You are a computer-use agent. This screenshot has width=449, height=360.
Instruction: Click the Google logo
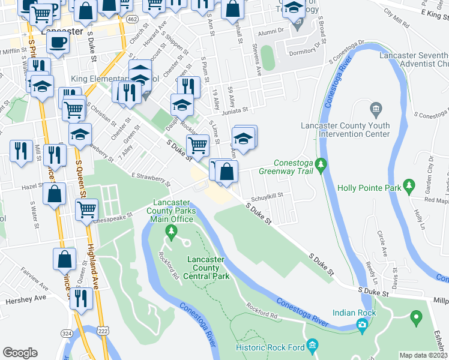click(20, 352)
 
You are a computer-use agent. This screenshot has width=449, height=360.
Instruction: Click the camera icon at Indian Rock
click(361, 325)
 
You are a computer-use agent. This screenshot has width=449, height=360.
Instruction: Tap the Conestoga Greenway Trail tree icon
click(321, 163)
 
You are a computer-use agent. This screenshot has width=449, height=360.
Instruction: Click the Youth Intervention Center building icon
click(376, 109)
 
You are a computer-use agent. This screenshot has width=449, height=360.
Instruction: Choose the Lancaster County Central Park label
click(208, 268)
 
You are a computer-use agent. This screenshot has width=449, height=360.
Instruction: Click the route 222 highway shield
click(103, 331)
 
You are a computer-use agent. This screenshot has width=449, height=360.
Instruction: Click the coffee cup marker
click(58, 43)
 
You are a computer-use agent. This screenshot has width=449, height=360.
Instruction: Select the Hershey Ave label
click(23, 298)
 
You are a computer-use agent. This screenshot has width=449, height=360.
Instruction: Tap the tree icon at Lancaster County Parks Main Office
click(172, 230)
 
